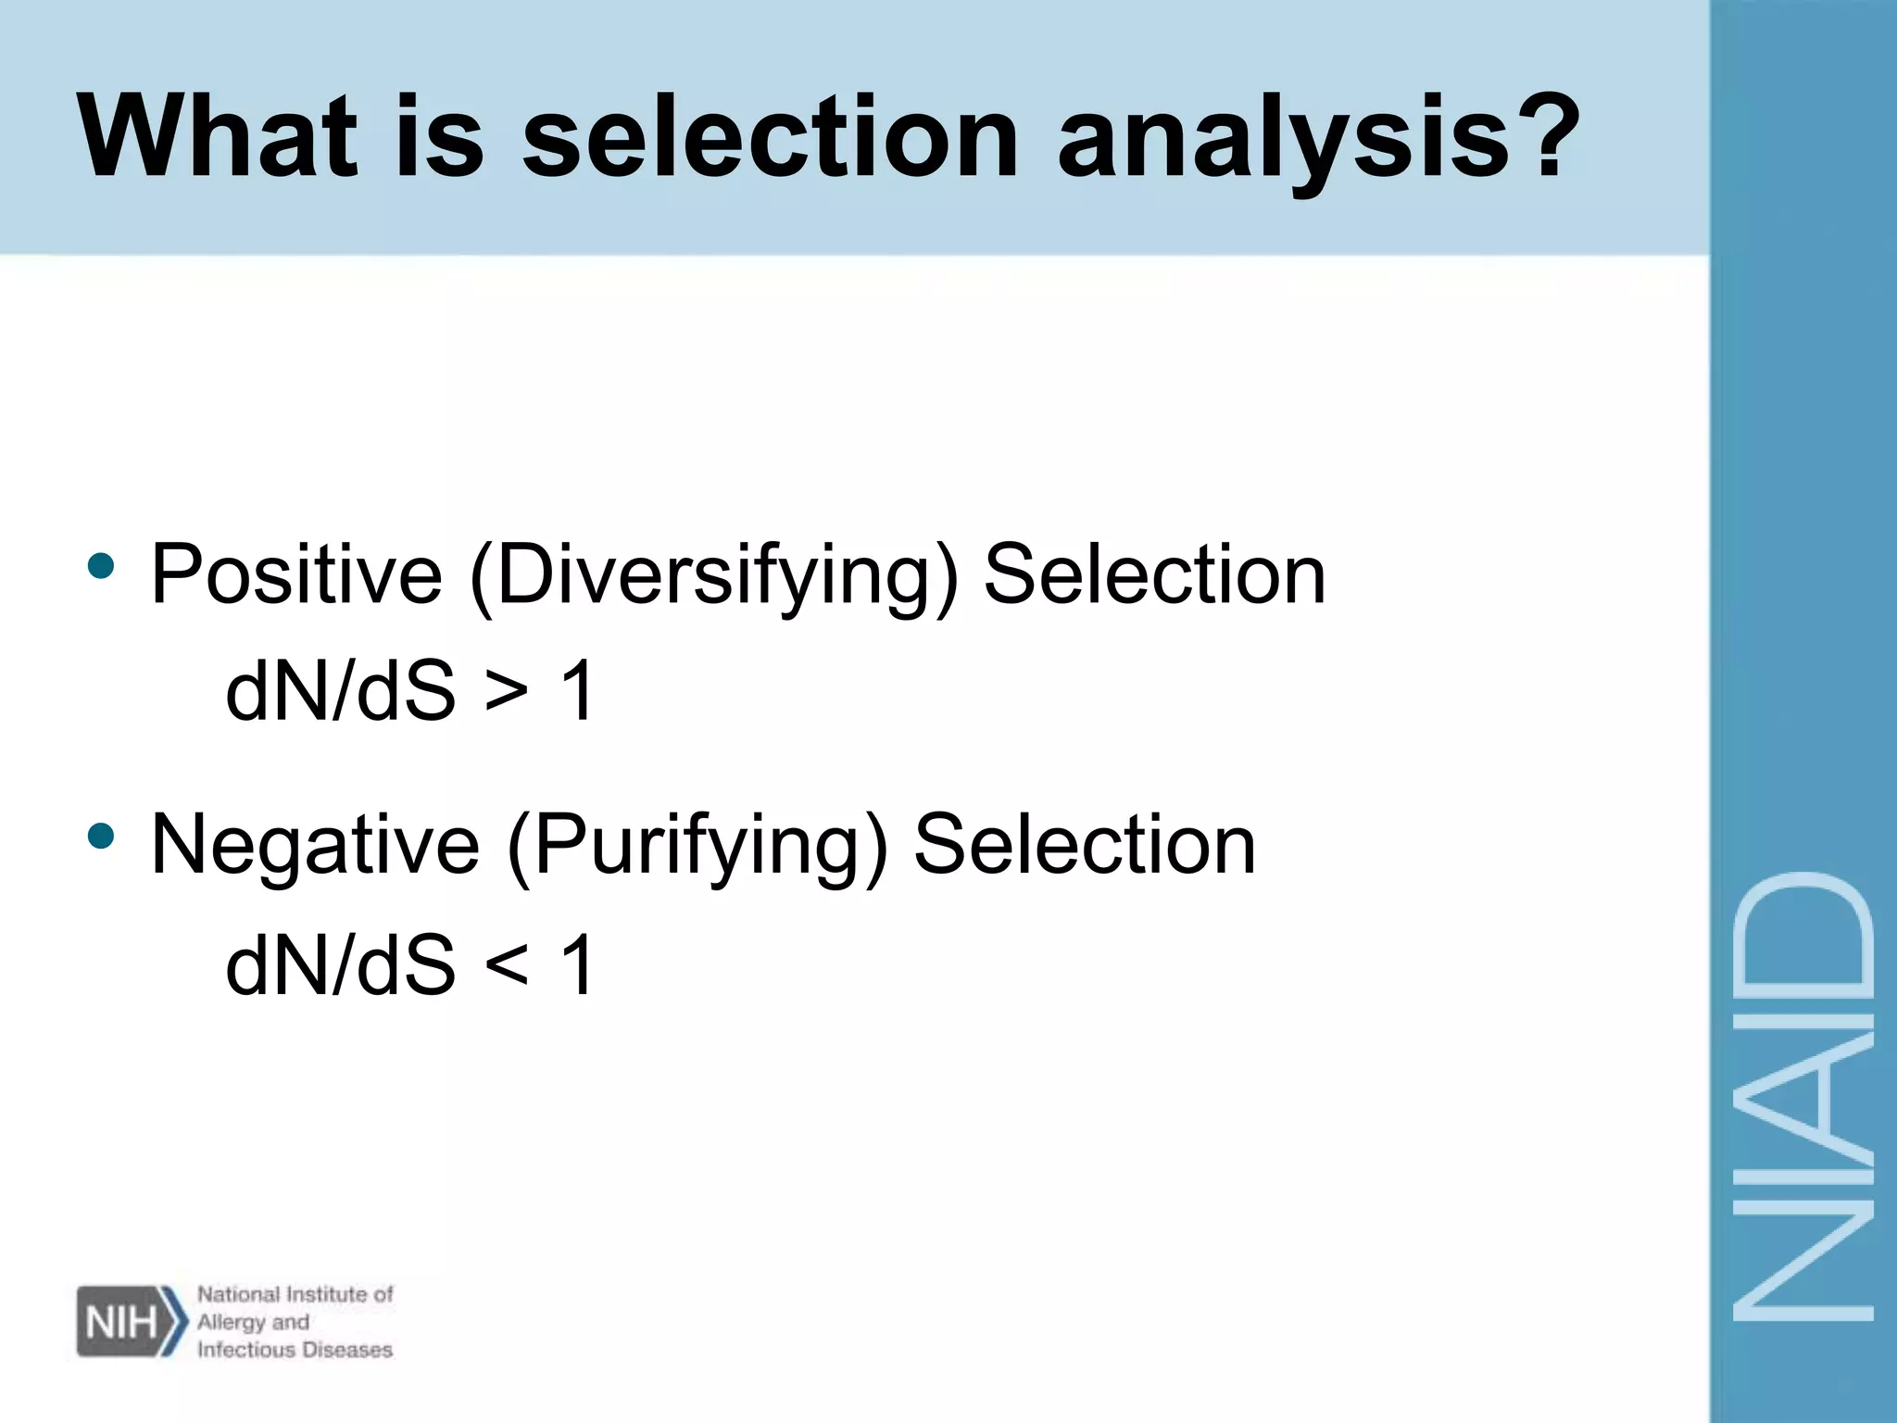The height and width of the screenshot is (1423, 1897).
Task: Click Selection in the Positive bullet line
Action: [1154, 575]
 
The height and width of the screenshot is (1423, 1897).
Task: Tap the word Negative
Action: [315, 844]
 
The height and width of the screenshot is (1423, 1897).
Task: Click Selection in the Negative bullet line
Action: [1085, 844]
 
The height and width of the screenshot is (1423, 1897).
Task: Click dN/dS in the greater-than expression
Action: [341, 690]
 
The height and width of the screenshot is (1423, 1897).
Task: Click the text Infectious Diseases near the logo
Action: [295, 1350]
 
